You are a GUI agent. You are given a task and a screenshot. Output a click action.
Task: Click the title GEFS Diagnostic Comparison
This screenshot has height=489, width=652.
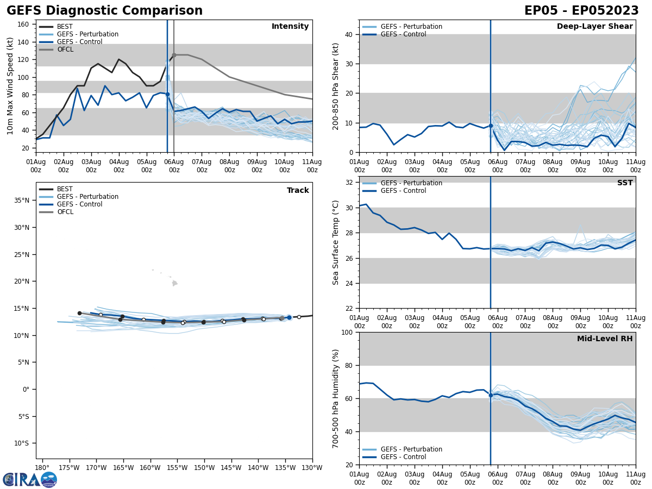104,11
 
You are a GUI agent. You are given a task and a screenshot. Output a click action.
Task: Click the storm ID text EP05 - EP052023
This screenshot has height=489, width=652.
581,11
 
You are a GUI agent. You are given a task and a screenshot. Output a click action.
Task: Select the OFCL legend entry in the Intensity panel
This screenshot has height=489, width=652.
65,49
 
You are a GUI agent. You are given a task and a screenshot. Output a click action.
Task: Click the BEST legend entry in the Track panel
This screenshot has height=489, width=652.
65,189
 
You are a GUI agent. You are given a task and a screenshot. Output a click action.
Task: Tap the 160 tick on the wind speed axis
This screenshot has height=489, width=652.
24,24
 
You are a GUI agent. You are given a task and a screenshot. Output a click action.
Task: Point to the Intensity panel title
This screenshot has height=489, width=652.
290,27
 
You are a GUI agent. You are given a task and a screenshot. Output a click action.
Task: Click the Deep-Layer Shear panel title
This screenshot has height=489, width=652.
594,27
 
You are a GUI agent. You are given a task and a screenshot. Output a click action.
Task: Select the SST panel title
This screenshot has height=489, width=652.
625,183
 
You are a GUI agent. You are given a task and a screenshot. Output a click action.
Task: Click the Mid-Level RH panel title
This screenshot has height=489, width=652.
605,339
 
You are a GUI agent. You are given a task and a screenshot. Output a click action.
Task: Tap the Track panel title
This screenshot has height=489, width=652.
298,191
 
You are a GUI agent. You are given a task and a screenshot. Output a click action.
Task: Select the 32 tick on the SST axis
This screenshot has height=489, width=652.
349,183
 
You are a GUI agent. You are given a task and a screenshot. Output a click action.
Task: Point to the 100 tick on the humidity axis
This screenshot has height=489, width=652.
347,333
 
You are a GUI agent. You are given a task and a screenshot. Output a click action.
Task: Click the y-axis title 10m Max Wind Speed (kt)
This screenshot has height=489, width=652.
10,86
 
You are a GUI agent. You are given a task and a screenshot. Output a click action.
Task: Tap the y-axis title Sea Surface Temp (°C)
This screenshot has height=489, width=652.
336,242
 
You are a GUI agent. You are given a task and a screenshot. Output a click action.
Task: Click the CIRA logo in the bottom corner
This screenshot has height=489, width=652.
29,479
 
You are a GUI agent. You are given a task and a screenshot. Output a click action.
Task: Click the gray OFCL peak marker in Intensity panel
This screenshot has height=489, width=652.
174,55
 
